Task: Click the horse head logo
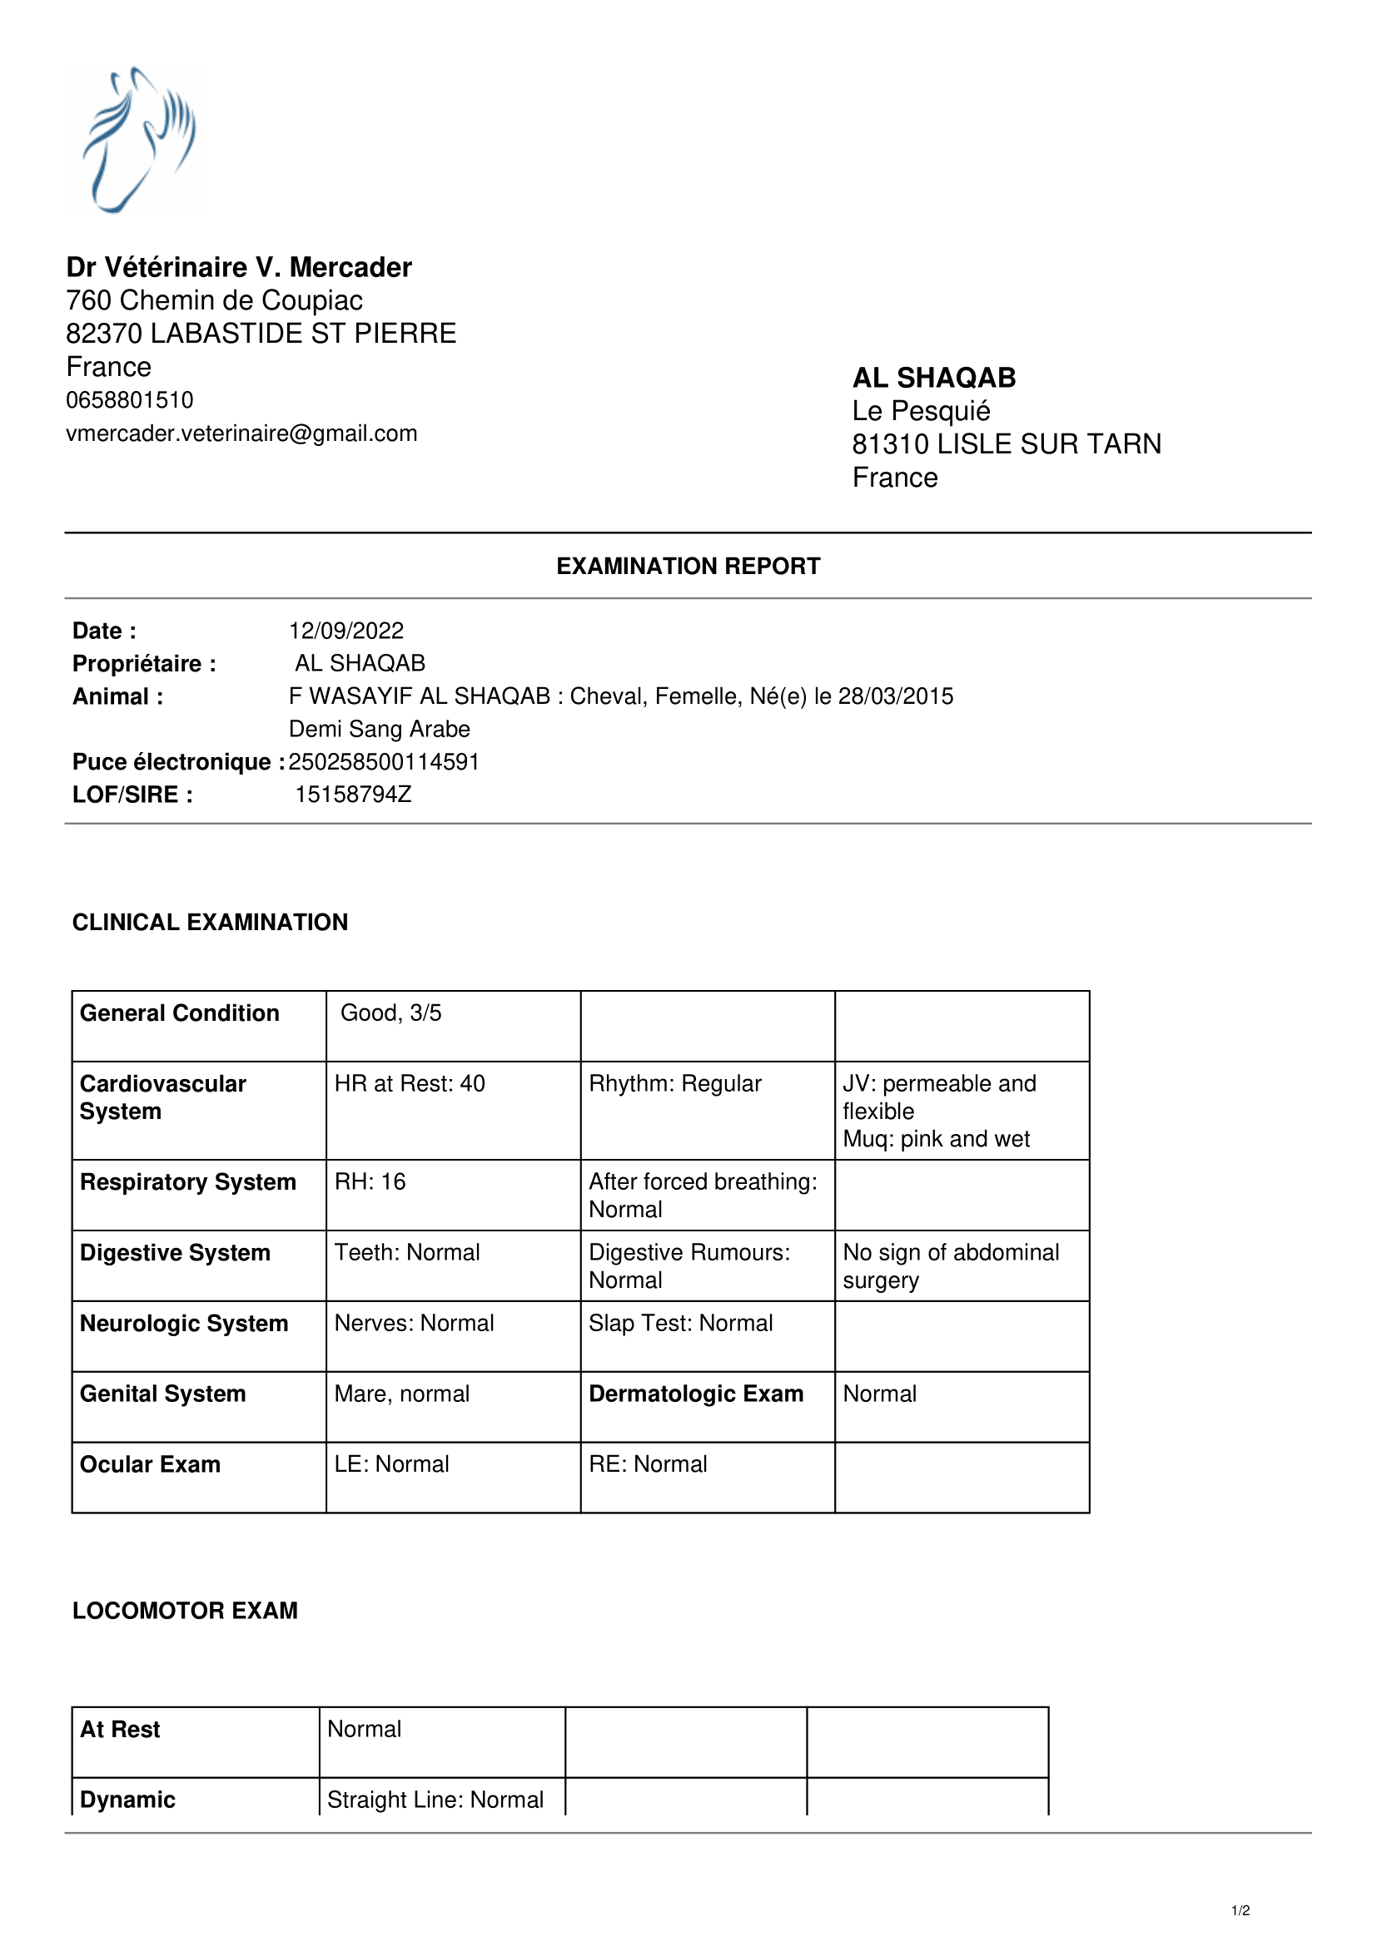(136, 140)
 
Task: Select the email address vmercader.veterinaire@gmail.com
(241, 433)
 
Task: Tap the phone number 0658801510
(130, 400)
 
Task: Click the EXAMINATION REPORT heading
(688, 567)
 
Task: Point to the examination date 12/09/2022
(346, 631)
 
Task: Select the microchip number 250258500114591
(384, 762)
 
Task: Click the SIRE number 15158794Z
(353, 795)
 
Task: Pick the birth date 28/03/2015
(896, 696)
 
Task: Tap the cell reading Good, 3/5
(391, 1013)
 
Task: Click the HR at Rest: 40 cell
(410, 1083)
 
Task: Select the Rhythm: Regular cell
(675, 1083)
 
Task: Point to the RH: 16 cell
(370, 1181)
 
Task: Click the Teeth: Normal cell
(407, 1253)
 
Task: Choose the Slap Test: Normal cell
(681, 1323)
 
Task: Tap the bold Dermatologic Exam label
(696, 1394)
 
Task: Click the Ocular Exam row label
(150, 1464)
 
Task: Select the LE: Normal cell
(392, 1463)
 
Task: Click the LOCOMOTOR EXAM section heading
(185, 1611)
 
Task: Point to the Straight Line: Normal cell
(435, 1800)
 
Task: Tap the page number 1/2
(1240, 1910)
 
